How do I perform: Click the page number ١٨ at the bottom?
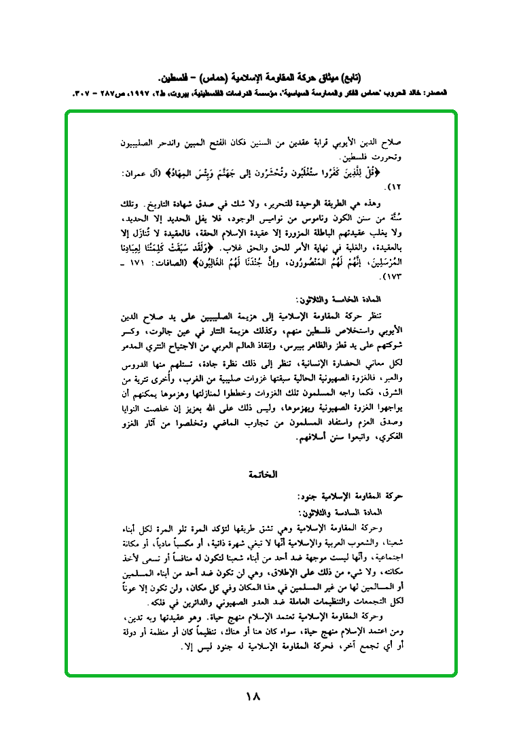click(x=254, y=697)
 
